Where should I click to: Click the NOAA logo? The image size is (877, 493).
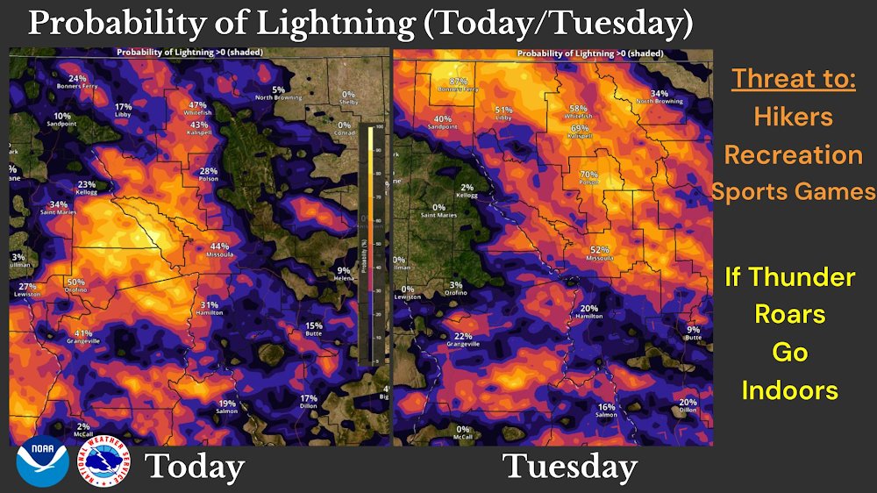pos(42,465)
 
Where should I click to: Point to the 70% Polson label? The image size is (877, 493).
pos(588,178)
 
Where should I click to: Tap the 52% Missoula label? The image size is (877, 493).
pos(599,254)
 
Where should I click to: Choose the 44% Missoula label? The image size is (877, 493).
pos(218,250)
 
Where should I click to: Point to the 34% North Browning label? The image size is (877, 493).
pos(659,96)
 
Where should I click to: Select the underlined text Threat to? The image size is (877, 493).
pos(794,78)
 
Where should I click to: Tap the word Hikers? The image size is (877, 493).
pos(794,116)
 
